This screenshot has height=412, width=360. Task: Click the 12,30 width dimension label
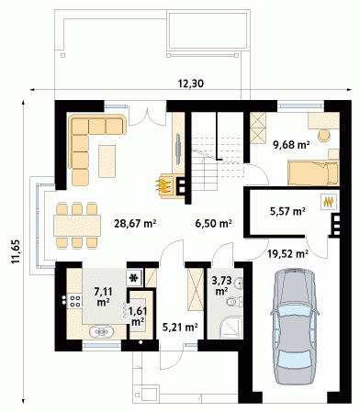click(x=190, y=84)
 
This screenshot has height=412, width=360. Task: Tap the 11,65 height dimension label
click(x=16, y=251)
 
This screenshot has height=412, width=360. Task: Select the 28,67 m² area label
click(x=135, y=224)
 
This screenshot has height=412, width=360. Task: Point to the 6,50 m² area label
click(x=213, y=224)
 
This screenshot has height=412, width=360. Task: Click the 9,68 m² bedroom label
click(x=291, y=144)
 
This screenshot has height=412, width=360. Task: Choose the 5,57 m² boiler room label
click(x=287, y=211)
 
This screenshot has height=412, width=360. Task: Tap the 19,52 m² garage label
click(x=287, y=253)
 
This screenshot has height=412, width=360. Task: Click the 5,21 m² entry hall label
click(x=180, y=328)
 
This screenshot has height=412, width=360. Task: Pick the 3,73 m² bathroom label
click(x=221, y=286)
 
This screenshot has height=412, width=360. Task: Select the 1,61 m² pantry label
click(x=138, y=317)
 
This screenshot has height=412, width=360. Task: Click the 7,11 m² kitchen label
click(x=103, y=296)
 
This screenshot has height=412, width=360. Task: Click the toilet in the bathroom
click(x=235, y=302)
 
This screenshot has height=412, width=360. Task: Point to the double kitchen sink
click(x=101, y=332)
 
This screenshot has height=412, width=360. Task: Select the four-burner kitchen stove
click(x=74, y=300)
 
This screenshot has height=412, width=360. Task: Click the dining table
click(x=77, y=226)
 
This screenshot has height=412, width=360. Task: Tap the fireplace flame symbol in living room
click(x=163, y=186)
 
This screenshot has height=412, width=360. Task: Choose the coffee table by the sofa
click(x=107, y=161)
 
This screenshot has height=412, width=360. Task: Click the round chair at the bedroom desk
click(x=324, y=136)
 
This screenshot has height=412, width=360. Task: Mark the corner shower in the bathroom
click(x=231, y=328)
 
